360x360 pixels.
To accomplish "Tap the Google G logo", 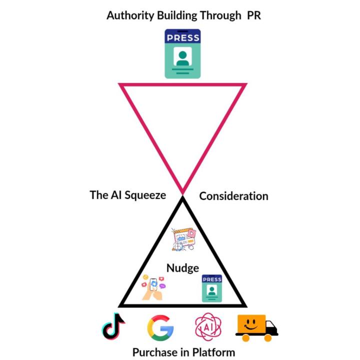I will [160, 327].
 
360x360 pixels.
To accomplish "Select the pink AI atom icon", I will [207, 327].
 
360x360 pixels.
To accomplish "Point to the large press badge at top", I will [183, 53].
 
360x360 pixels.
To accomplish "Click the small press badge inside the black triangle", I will [211, 288].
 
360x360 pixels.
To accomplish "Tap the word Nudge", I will [182, 267].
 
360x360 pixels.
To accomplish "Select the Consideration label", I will [233, 196].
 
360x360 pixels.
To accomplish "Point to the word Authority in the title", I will [130, 15].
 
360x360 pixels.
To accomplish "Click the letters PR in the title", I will [253, 15].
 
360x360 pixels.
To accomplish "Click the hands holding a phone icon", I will [153, 287].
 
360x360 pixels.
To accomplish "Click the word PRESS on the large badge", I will [183, 37].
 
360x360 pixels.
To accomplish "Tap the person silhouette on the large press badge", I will [183, 57].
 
